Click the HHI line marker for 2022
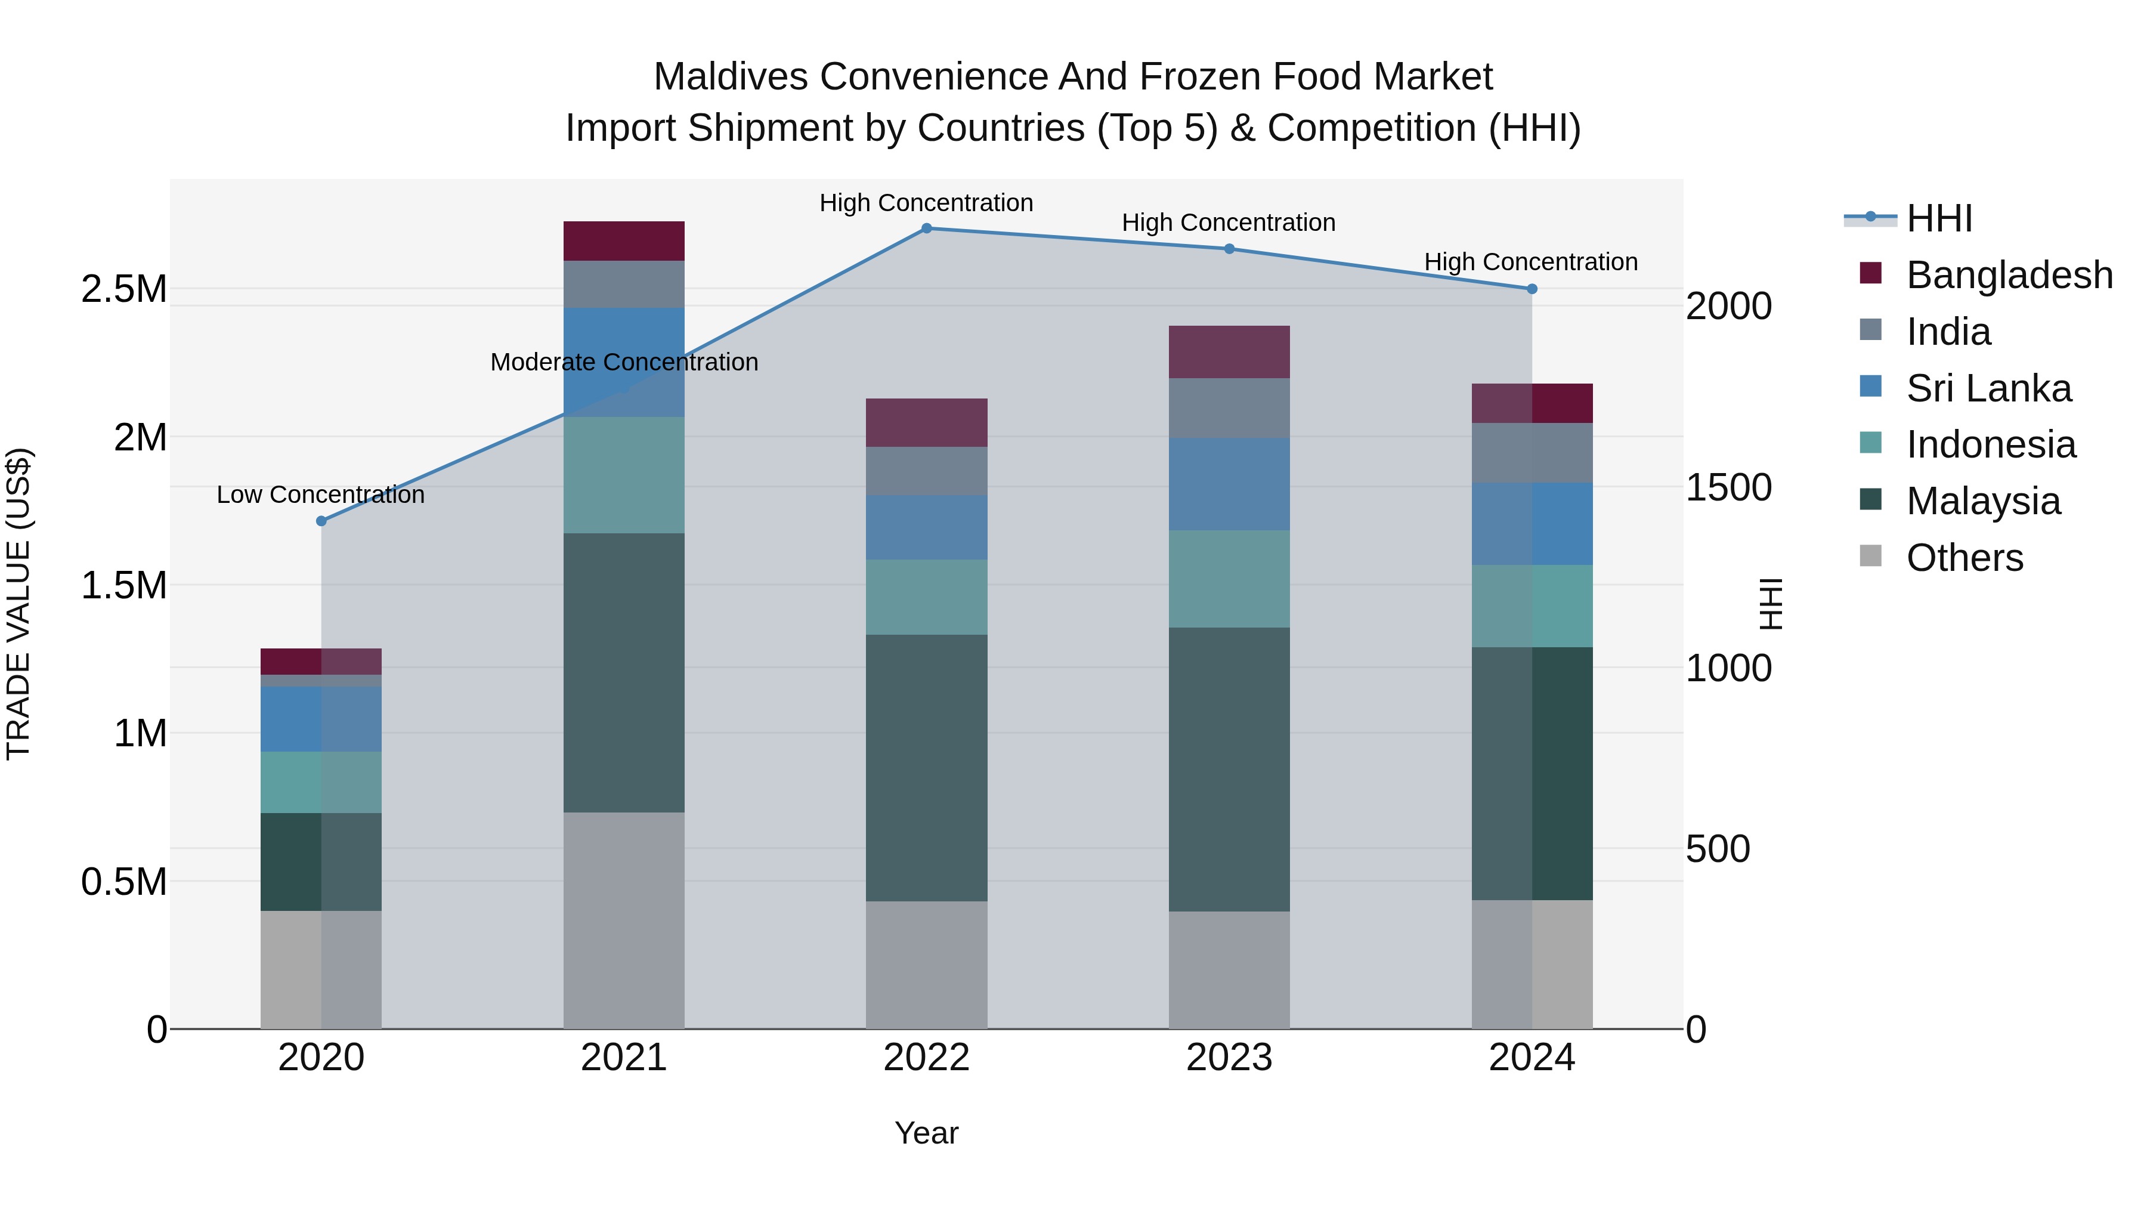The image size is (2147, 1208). [x=926, y=228]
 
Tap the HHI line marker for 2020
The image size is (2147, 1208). [x=321, y=521]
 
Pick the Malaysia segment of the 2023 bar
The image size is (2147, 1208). [x=1229, y=769]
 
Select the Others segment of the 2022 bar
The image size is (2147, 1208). [x=926, y=965]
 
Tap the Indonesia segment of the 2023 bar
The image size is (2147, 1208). [x=1229, y=579]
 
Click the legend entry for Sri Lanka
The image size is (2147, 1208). [x=1988, y=388]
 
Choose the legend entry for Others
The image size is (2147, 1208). [x=1964, y=558]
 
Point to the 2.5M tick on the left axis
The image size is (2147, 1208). [x=123, y=289]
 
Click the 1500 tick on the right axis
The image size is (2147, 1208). [x=1728, y=488]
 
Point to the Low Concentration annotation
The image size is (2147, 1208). [x=321, y=495]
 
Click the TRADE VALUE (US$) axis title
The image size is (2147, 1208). [x=18, y=604]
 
